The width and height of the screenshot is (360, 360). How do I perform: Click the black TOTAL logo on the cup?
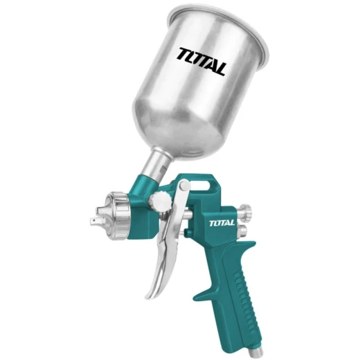tap(201, 62)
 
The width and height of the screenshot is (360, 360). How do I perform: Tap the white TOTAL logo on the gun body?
tap(222, 223)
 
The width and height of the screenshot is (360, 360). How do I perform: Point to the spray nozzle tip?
tap(96, 222)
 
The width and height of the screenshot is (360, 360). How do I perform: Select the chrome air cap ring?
tap(118, 216)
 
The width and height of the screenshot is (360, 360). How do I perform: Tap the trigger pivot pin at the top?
tap(185, 185)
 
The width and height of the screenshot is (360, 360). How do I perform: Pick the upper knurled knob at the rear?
tap(246, 210)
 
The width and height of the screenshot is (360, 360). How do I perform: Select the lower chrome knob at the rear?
tap(242, 231)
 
